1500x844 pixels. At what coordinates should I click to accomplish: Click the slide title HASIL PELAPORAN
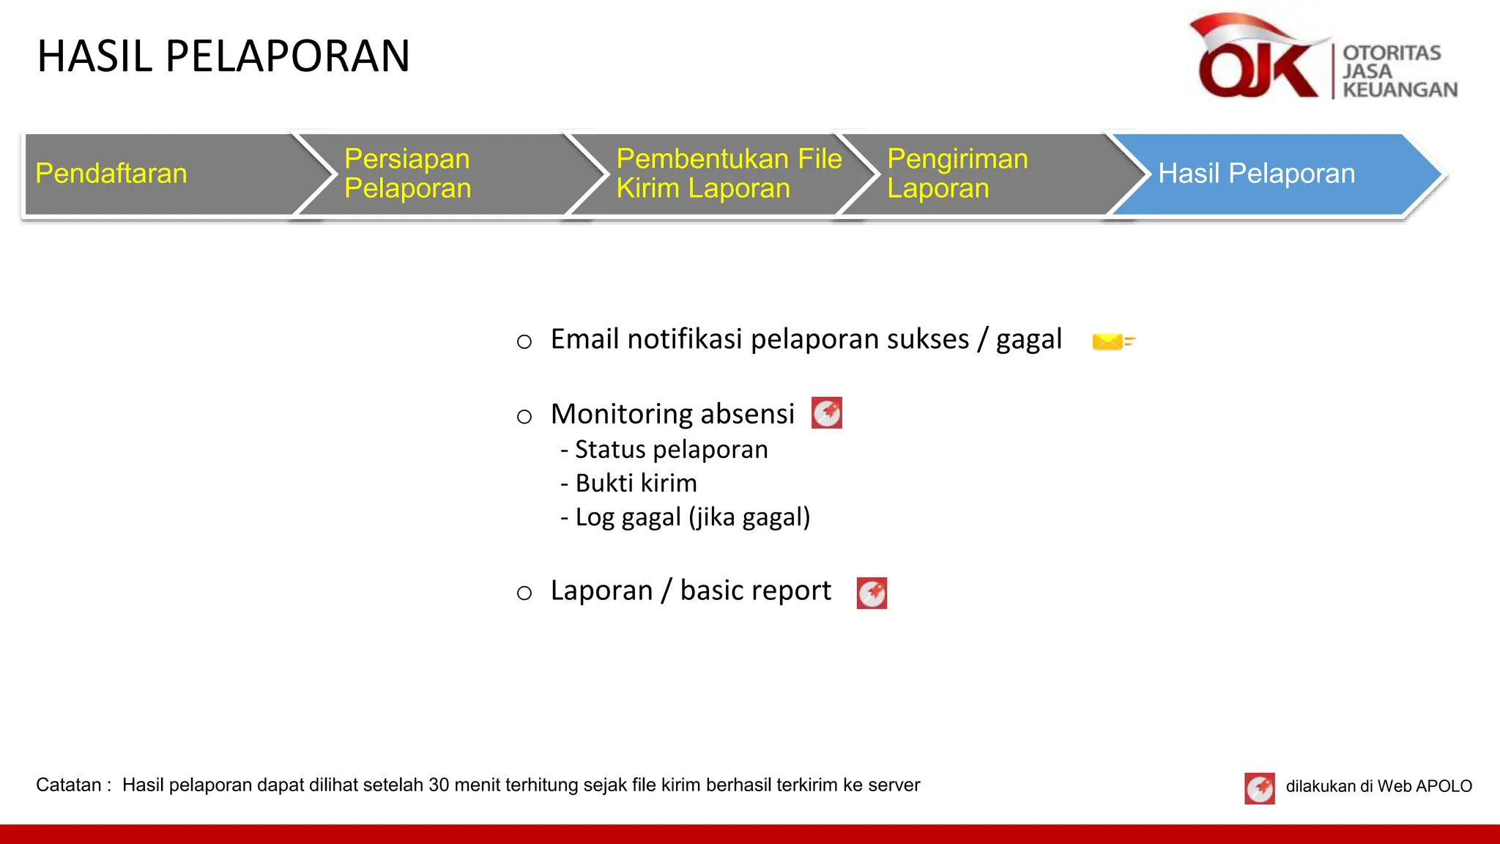[223, 56]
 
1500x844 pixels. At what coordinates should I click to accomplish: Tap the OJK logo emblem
[1257, 59]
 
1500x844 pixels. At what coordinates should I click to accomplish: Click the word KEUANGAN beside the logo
[1400, 90]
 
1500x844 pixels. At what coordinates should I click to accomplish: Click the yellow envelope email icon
[1112, 341]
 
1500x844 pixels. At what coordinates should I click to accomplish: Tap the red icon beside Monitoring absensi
[827, 413]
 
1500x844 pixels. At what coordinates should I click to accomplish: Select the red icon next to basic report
[872, 593]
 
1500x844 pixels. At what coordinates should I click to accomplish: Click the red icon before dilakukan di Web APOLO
[1259, 788]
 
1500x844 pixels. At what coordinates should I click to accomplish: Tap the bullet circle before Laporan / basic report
[524, 593]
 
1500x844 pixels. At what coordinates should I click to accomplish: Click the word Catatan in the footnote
[69, 785]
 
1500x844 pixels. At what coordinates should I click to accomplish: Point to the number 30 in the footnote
[439, 785]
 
